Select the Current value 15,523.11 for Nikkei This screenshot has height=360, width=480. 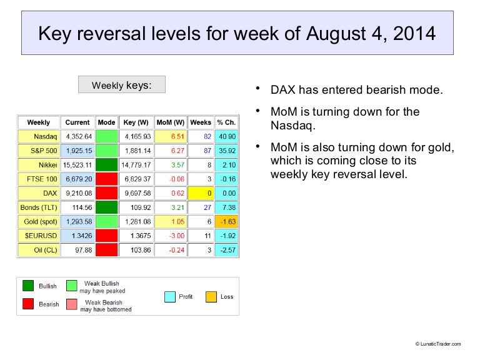77,165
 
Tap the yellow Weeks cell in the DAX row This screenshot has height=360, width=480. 201,193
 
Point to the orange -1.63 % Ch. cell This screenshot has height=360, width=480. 226,222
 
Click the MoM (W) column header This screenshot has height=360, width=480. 170,122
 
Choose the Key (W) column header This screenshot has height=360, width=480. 137,122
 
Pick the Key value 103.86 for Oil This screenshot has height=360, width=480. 137,251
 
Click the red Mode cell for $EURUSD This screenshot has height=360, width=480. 107,236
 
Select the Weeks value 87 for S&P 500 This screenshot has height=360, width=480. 201,151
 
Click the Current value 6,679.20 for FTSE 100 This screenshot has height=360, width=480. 77,179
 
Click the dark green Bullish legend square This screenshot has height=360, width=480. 28,286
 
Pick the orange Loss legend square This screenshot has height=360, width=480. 211,296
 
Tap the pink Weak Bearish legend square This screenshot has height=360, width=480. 71,305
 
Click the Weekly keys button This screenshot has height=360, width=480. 121,84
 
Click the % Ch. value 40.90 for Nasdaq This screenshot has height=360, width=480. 226,136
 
